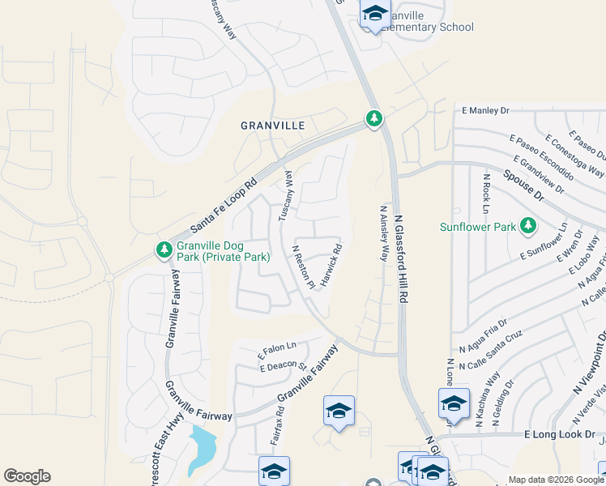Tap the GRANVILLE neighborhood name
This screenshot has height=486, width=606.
click(272, 126)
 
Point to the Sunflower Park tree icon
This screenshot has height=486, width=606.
click(527, 224)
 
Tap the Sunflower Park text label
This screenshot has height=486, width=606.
click(477, 228)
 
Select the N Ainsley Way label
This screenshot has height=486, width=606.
click(384, 232)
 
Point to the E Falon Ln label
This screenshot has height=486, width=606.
click(277, 349)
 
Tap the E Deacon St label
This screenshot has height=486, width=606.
click(283, 365)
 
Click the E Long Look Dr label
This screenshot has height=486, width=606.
click(560, 435)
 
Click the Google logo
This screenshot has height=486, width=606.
click(27, 476)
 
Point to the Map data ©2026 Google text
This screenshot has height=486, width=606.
click(554, 480)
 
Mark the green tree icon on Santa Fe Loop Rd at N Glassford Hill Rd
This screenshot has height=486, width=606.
click(373, 120)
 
